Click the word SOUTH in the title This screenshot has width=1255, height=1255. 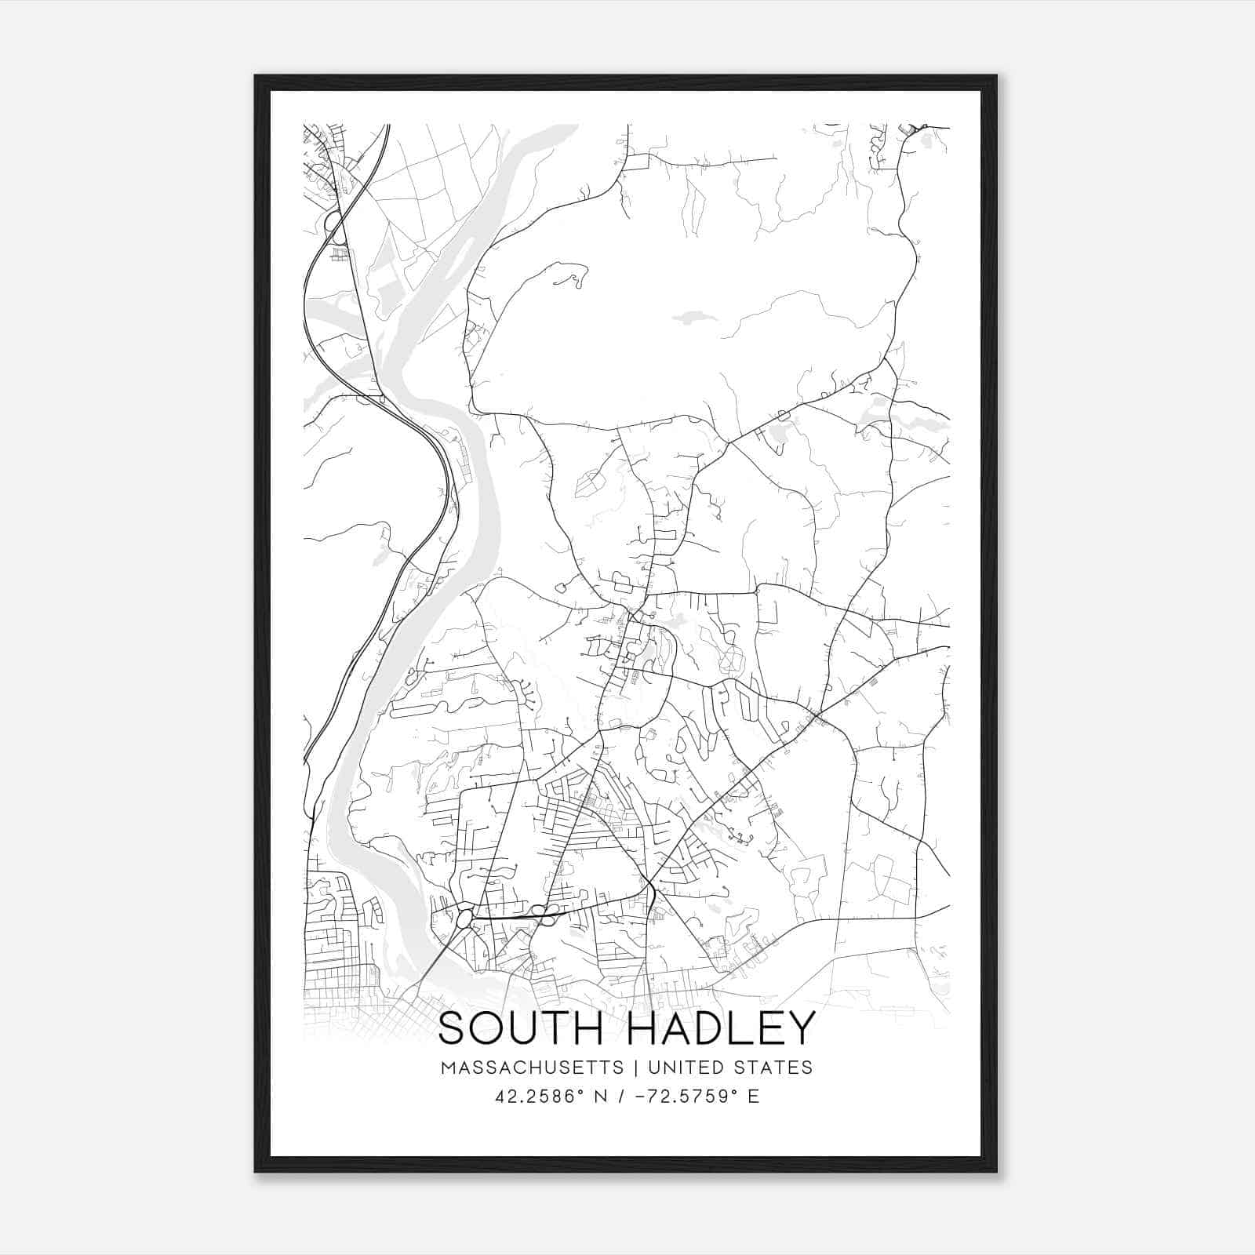pos(521,1028)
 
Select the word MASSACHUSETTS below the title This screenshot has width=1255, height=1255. pos(533,1068)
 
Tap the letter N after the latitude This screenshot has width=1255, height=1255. pos(602,1097)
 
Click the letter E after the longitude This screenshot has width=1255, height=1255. pos(754,1097)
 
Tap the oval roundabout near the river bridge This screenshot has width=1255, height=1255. pos(465,916)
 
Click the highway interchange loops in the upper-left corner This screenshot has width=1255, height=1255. pos(335,224)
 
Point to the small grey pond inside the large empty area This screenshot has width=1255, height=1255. pos(689,318)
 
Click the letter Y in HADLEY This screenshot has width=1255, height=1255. pos(802,1028)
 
